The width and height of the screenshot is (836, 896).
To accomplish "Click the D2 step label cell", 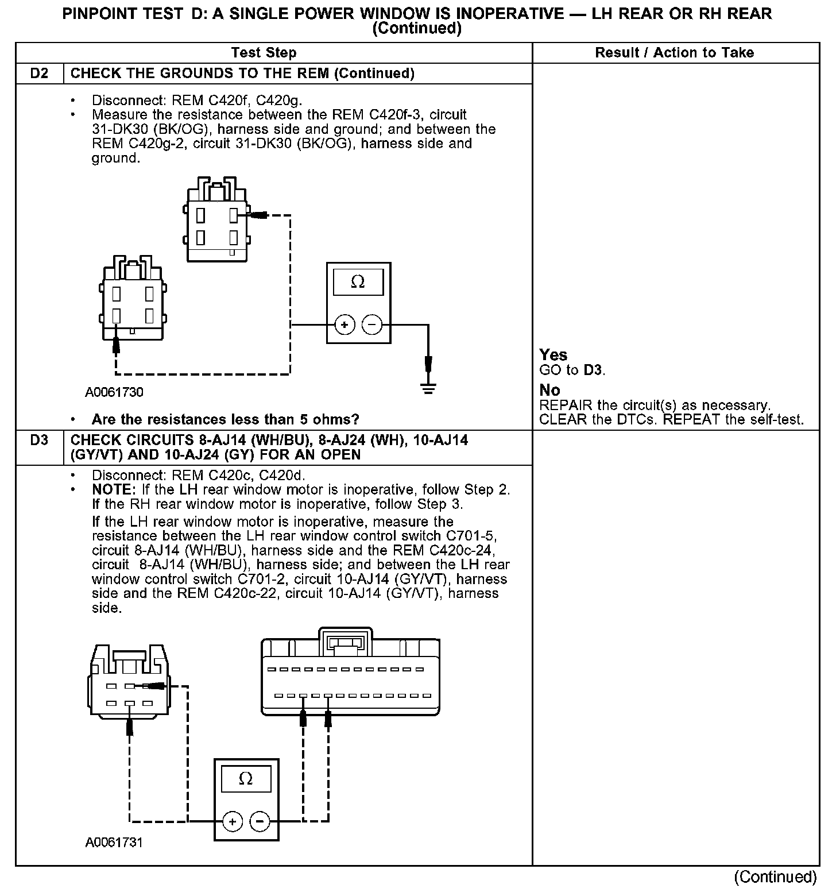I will tap(39, 74).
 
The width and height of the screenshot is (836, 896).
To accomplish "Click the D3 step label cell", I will tap(39, 441).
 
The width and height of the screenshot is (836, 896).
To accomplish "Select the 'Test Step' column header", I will tap(264, 53).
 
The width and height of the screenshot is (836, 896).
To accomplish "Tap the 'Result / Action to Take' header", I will tap(674, 53).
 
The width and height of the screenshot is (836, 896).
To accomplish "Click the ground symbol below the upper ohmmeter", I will tap(428, 388).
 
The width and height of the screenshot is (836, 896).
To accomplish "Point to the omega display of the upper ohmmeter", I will tap(358, 282).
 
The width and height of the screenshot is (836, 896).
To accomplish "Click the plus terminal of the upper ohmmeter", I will tap(345, 325).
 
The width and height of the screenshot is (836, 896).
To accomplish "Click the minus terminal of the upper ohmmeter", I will tap(372, 325).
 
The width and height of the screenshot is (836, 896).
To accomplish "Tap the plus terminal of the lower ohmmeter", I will tap(233, 821).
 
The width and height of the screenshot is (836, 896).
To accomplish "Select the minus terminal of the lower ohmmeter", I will tap(260, 821).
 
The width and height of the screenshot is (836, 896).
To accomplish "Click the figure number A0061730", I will tap(114, 393).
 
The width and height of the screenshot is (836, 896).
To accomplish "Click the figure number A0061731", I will tap(114, 843).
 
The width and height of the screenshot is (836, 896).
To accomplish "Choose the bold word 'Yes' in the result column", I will tap(554, 355).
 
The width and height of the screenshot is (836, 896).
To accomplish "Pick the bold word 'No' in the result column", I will tap(549, 391).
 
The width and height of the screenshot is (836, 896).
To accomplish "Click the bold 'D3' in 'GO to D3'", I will tap(593, 370).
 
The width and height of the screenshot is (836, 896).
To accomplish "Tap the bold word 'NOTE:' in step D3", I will tap(114, 490).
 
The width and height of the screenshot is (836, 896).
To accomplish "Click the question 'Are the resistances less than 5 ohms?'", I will tap(225, 419).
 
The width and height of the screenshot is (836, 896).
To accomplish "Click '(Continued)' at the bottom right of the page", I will tap(775, 876).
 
